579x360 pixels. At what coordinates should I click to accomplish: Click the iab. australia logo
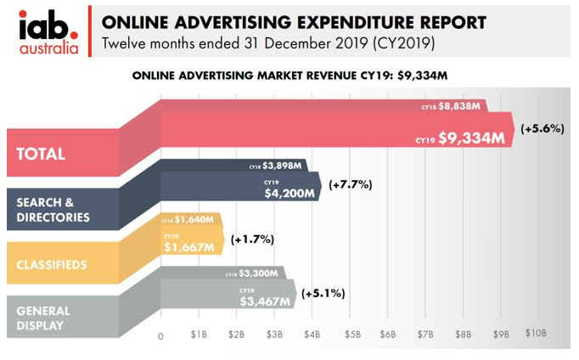pos(48,31)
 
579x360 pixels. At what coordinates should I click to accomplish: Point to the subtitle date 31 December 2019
pos(278,42)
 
